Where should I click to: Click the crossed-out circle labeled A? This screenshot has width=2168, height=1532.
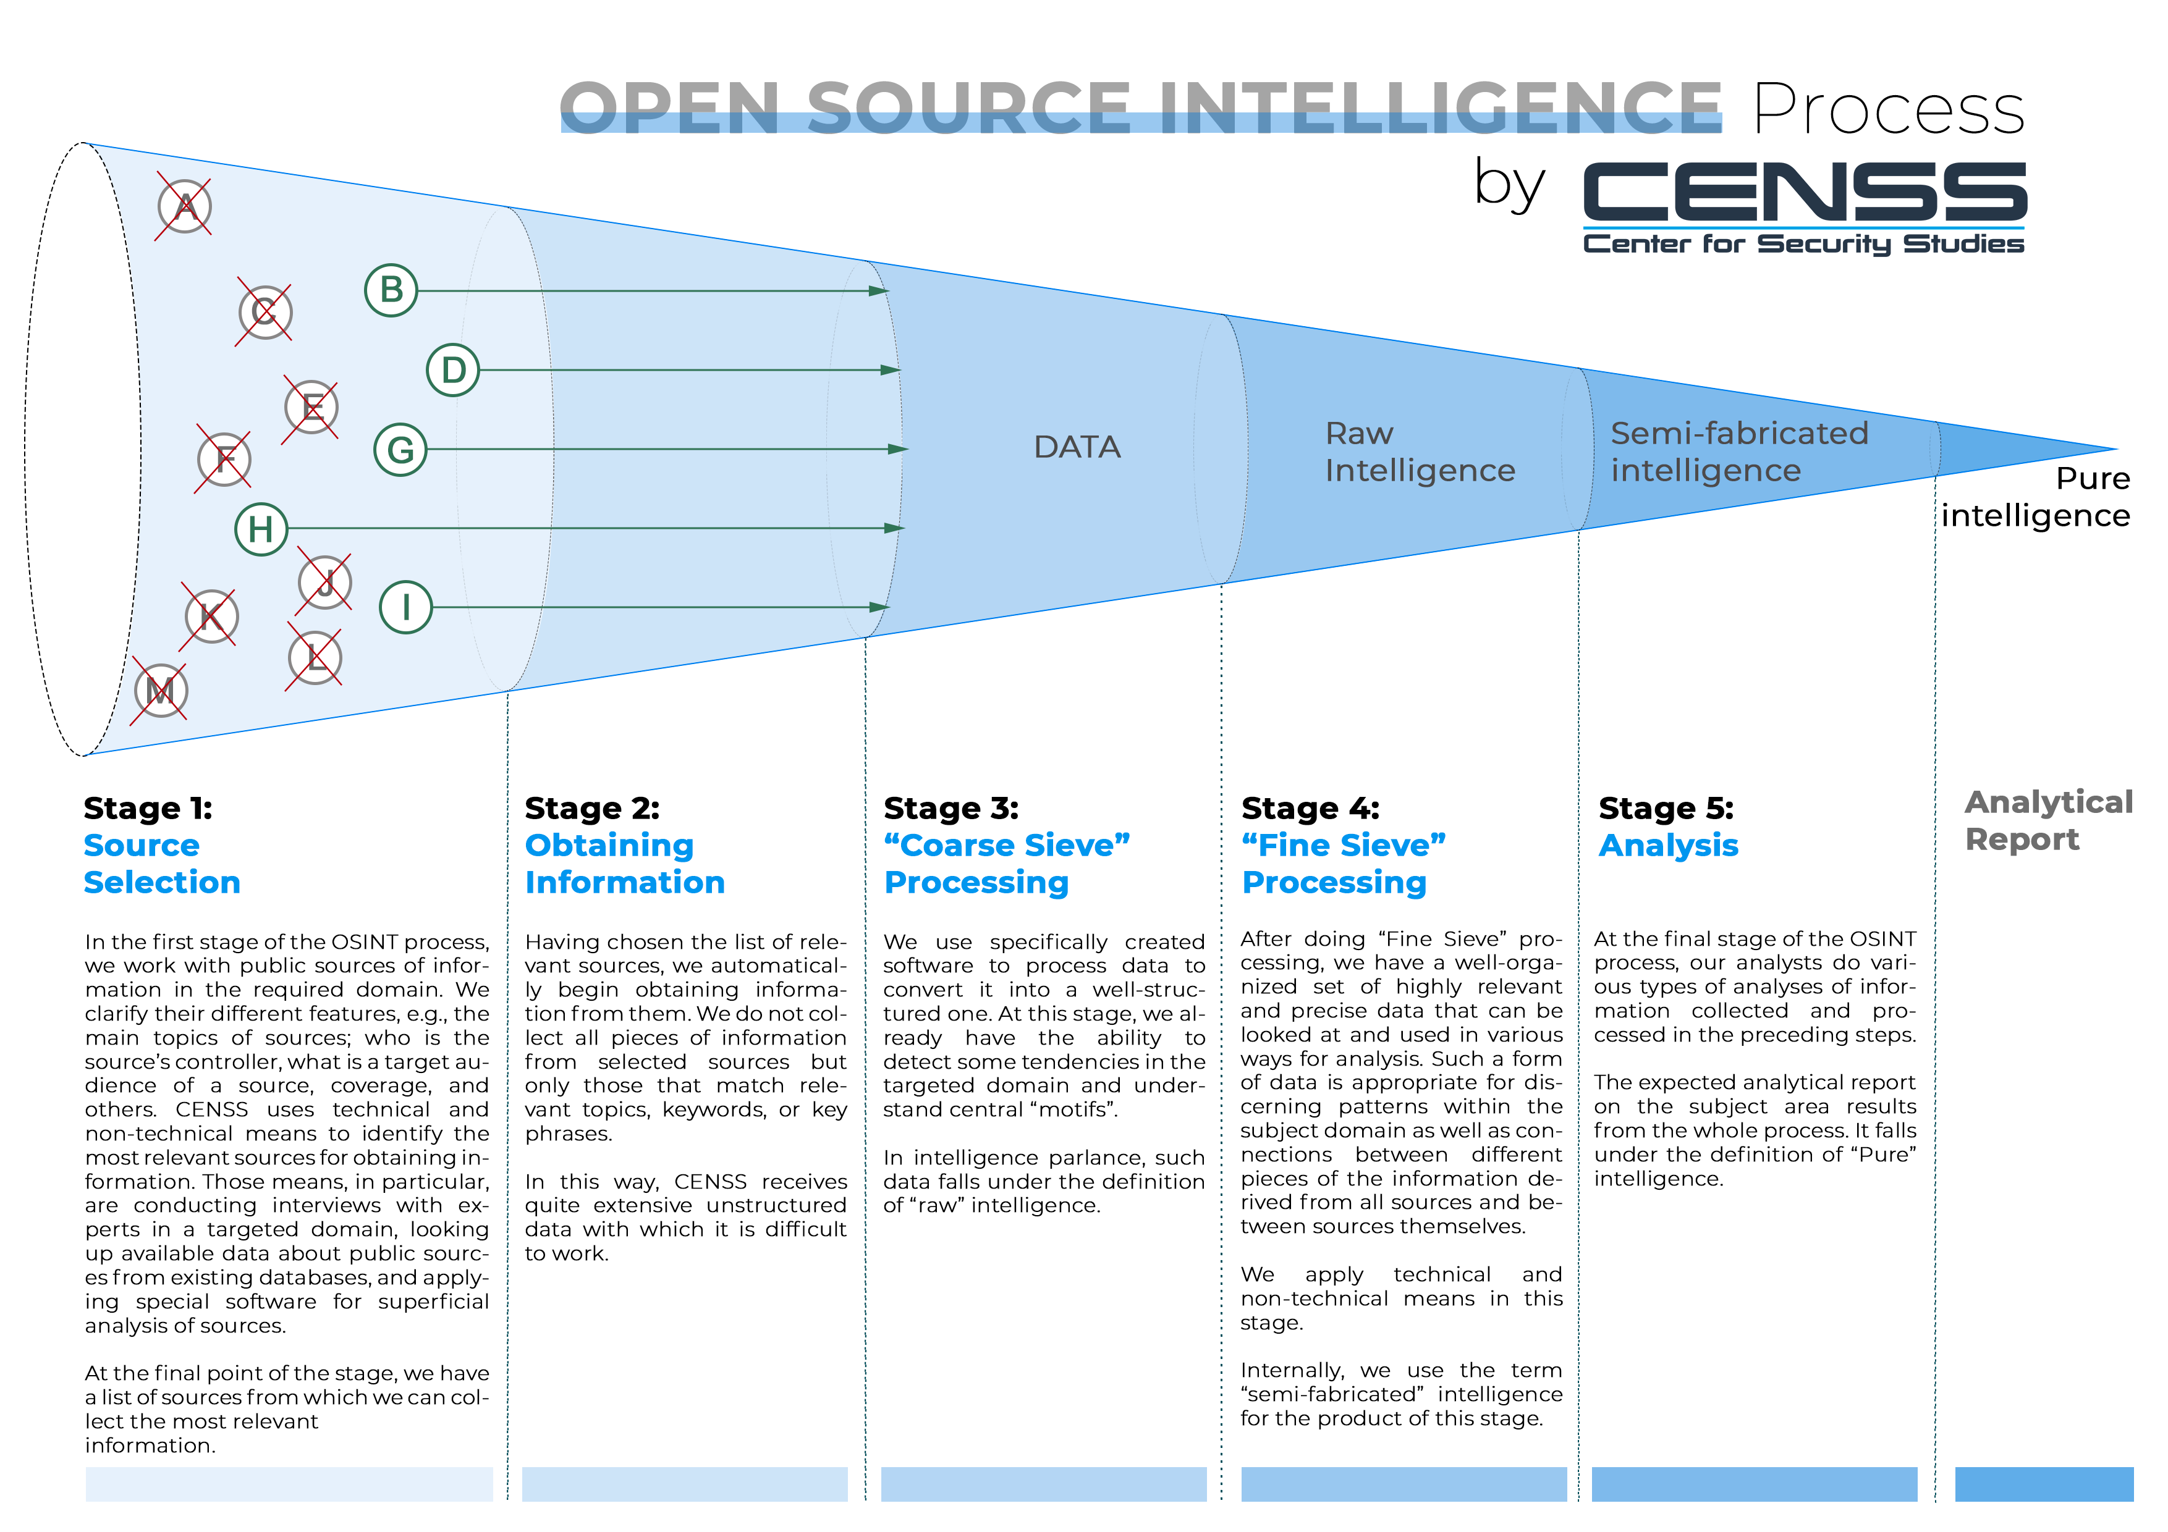point(184,207)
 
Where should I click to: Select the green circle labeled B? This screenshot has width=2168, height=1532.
point(391,290)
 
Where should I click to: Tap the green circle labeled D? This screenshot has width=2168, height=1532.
point(453,370)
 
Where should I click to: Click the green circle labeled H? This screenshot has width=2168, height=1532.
point(261,529)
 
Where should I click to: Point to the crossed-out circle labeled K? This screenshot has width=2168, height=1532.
point(211,617)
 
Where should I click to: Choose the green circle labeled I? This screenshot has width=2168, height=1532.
point(406,607)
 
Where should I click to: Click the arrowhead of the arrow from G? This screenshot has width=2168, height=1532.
point(899,449)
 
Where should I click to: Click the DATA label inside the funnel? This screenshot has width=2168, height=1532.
point(1077,447)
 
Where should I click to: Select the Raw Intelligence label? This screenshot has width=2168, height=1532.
point(1419,452)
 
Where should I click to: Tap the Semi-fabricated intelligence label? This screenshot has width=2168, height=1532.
point(1738,452)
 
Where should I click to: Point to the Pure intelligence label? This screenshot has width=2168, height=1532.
point(2036,497)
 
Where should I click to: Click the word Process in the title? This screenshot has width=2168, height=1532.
point(1889,109)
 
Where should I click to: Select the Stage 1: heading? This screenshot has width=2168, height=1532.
point(148,809)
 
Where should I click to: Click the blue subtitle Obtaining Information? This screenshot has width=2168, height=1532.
point(624,864)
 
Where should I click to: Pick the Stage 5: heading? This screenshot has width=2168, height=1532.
point(1666,809)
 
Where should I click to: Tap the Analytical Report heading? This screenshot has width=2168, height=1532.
point(2048,820)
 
